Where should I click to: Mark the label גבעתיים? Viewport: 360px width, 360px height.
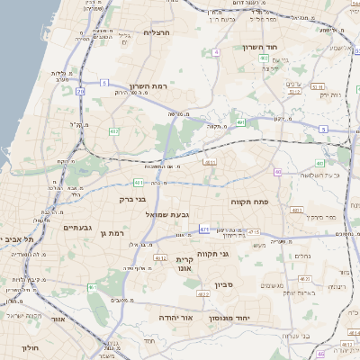(x=78, y=228)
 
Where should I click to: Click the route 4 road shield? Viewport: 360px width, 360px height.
(x=217, y=52)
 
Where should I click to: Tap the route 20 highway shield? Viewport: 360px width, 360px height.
(x=80, y=91)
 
